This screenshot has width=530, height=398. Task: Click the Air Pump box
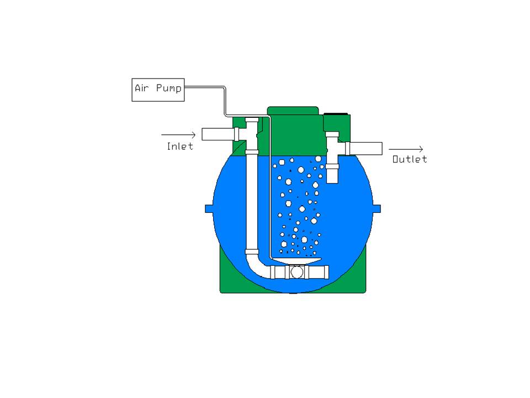pyautogui.click(x=158, y=90)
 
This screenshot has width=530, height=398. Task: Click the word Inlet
pyautogui.click(x=180, y=146)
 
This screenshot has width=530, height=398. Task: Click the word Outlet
pyautogui.click(x=410, y=159)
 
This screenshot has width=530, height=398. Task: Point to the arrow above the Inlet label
pyautogui.click(x=178, y=135)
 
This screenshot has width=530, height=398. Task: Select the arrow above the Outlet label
pyautogui.click(x=406, y=149)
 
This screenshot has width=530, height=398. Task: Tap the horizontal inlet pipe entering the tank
pyautogui.click(x=219, y=134)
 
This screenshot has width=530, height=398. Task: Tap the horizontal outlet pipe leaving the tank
pyautogui.click(x=365, y=148)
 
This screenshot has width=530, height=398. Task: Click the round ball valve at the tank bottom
pyautogui.click(x=297, y=272)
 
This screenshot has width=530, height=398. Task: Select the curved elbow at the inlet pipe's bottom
pyautogui.click(x=258, y=266)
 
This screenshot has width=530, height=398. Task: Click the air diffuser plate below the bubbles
pyautogui.click(x=296, y=260)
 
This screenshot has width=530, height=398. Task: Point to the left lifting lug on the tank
pyautogui.click(x=209, y=209)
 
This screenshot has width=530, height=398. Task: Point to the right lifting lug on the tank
pyautogui.click(x=377, y=209)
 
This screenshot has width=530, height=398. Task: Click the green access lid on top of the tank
pyautogui.click(x=293, y=111)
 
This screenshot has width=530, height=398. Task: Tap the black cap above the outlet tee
pyautogui.click(x=336, y=114)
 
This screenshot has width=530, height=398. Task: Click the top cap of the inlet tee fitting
pyautogui.click(x=252, y=120)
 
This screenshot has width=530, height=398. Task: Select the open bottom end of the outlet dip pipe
pyautogui.click(x=332, y=182)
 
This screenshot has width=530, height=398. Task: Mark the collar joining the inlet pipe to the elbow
pyautogui.click(x=252, y=252)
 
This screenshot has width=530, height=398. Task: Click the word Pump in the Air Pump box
pyautogui.click(x=169, y=88)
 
